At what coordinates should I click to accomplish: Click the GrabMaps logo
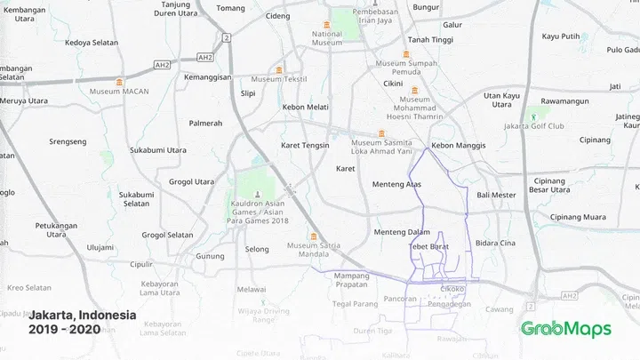point(566,329)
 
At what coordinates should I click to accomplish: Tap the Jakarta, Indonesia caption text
point(83,316)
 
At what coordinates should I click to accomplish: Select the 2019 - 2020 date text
point(64,330)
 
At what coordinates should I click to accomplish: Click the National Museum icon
point(328,23)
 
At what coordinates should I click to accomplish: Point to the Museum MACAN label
point(118,92)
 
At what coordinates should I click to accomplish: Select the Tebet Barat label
point(430,246)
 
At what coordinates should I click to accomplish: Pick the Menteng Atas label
point(396,185)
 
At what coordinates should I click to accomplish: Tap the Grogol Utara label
point(192,181)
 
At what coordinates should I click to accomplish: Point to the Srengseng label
point(68,141)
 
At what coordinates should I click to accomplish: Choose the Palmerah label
point(205,124)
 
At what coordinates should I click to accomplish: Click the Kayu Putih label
point(561,36)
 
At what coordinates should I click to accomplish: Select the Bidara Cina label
point(496,243)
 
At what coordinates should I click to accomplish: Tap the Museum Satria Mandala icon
point(313,236)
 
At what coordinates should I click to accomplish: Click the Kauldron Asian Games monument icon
point(258,194)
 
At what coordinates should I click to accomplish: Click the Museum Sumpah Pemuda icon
point(406,54)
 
